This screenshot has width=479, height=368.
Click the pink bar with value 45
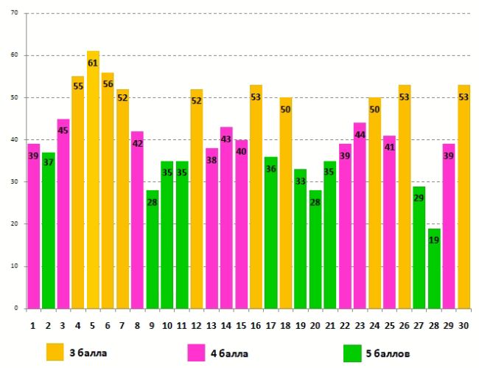point(63,213)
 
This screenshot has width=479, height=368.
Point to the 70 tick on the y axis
point(15,13)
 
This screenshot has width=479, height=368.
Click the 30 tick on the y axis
point(15,181)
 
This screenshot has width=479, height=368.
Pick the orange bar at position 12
point(196,198)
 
